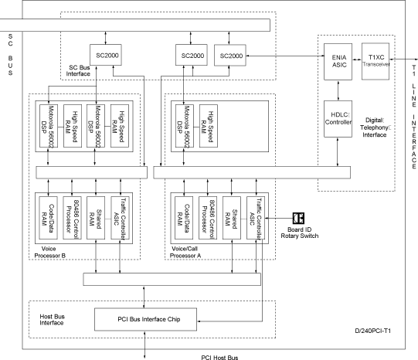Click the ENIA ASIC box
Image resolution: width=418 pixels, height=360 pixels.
[x=338, y=62]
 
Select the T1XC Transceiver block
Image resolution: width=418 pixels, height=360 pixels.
[x=376, y=61]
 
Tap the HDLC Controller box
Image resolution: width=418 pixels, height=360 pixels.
[x=338, y=119]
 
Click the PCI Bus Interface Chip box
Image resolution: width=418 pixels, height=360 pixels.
[x=145, y=319]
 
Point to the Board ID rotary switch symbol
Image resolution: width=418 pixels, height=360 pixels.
[x=298, y=218]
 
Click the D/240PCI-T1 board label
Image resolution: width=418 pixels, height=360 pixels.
[x=372, y=331]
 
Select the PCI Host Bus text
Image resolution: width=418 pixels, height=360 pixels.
[x=219, y=357]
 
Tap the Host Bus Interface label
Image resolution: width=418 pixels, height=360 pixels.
[x=52, y=320]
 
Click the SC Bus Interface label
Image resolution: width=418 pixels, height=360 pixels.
[x=78, y=70]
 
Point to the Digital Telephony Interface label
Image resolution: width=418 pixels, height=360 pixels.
[x=375, y=127]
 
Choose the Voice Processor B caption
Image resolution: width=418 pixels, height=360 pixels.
[x=50, y=252]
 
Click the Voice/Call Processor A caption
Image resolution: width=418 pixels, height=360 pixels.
[x=185, y=252]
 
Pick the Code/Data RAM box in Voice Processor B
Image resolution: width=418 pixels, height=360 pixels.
[x=48, y=218]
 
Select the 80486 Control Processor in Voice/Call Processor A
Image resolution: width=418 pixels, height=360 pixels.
[x=208, y=218]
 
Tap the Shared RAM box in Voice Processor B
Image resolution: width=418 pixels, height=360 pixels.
[x=96, y=218]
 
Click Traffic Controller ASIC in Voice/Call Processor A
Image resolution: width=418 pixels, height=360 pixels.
[x=256, y=218]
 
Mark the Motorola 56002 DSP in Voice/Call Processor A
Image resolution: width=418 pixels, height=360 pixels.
[x=185, y=126]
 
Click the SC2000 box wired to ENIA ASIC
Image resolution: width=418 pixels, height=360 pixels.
[x=230, y=55]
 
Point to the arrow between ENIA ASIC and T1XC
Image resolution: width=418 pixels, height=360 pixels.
[x=357, y=59]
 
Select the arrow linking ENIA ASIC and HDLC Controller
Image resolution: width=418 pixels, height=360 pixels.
[x=338, y=90]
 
